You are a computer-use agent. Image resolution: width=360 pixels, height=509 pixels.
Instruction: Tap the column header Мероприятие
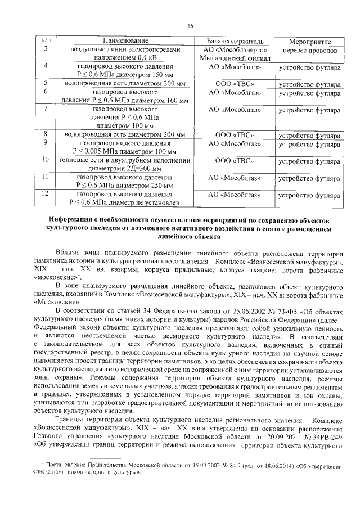click(309, 42)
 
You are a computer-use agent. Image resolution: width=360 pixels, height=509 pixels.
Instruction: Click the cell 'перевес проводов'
click(310, 51)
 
